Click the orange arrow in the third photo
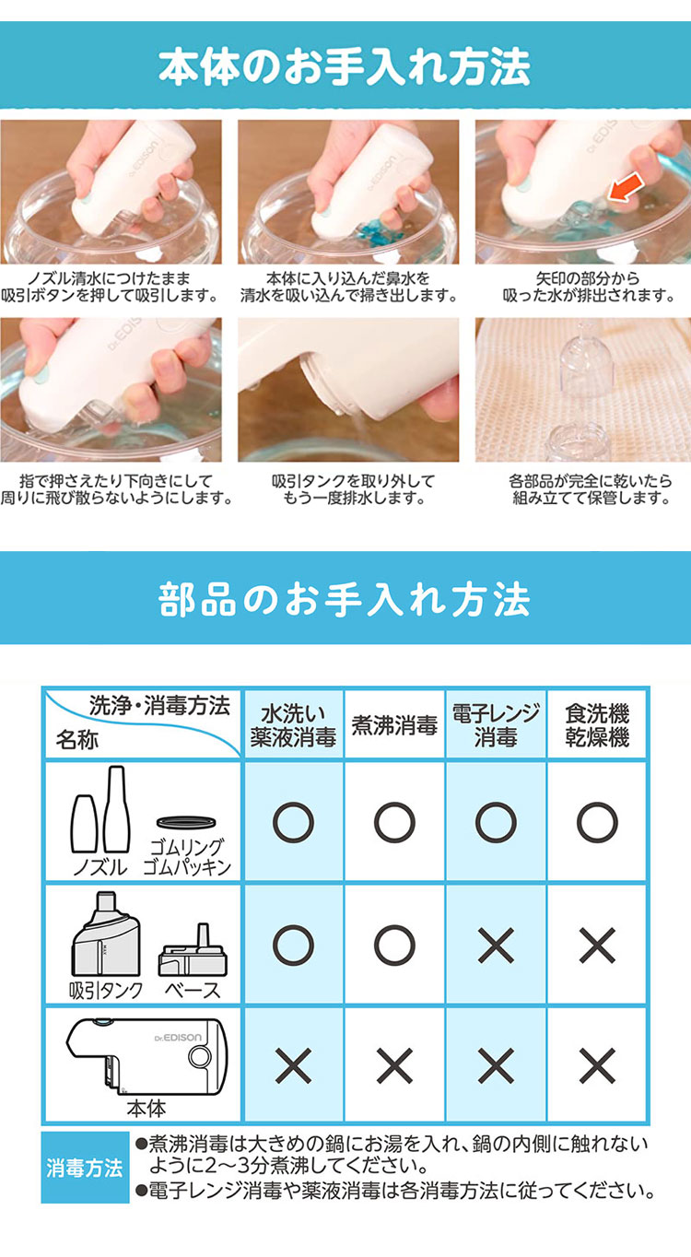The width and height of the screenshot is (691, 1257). [x=626, y=188]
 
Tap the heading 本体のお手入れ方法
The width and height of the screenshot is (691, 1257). [x=345, y=66]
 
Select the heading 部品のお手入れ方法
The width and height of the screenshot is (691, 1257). [x=345, y=598]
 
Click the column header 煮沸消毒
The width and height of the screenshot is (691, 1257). [x=394, y=725]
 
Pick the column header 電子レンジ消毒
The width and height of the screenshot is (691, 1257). [x=496, y=725]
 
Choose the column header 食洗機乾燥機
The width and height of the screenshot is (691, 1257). [x=597, y=725]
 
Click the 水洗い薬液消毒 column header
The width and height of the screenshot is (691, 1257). [x=293, y=725]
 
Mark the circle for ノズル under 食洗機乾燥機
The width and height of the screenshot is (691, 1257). [x=597, y=823]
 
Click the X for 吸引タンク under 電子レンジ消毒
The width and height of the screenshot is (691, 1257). [x=496, y=946]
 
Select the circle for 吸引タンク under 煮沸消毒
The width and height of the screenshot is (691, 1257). [x=394, y=946]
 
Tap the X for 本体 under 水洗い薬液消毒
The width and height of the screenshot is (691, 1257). [x=293, y=1065]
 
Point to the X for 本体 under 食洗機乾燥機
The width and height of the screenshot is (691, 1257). [x=597, y=1065]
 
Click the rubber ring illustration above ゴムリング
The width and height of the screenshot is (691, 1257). [x=186, y=822]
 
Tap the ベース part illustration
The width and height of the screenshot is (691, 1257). [x=193, y=949]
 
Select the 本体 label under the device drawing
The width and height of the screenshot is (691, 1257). [x=146, y=1109]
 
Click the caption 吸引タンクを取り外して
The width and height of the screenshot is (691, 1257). [x=354, y=481]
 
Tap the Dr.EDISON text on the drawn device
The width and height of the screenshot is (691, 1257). [x=178, y=1038]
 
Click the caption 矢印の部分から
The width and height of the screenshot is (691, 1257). [x=588, y=277]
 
